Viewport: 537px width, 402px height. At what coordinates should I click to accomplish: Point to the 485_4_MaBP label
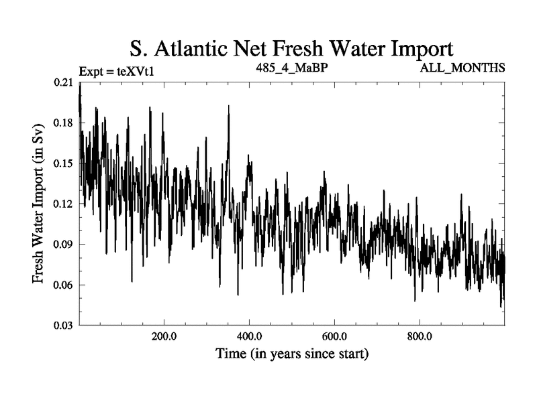click(292, 68)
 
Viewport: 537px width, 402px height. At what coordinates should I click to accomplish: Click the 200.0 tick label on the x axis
click(164, 337)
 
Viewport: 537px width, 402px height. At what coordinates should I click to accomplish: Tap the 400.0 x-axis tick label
click(249, 337)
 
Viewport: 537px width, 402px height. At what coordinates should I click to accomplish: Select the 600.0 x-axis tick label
click(334, 337)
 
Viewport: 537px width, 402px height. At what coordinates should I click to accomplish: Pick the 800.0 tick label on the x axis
click(419, 337)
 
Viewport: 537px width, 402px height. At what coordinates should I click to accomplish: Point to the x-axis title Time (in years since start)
click(291, 354)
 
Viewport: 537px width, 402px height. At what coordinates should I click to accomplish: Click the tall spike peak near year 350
click(228, 107)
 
